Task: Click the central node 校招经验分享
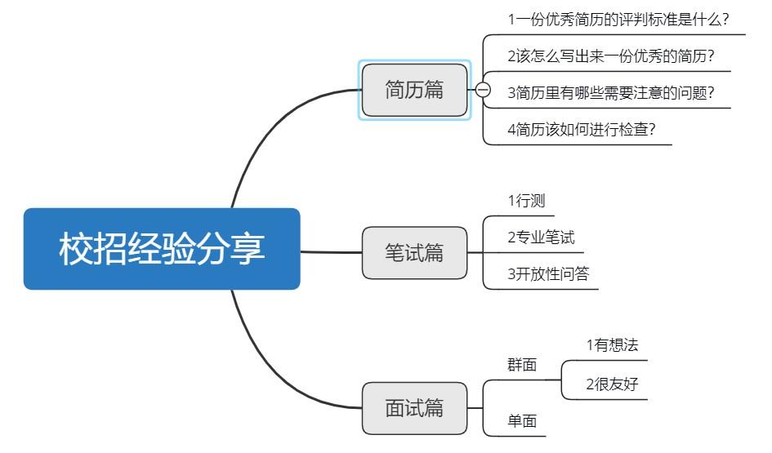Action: [x=162, y=249]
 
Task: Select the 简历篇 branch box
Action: [x=415, y=90]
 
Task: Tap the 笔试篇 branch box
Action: [x=415, y=253]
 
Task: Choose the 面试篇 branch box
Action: [x=415, y=408]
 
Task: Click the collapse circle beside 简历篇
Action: [x=483, y=90]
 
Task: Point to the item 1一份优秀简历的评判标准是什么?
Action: [x=618, y=20]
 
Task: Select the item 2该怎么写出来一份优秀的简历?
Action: [x=611, y=56]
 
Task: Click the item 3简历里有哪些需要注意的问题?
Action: [x=611, y=93]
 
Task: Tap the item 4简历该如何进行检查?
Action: [x=581, y=130]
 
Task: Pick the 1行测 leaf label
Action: [x=526, y=201]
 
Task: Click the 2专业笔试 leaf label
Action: [x=541, y=238]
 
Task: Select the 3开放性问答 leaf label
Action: [x=547, y=274]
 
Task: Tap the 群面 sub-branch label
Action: [x=522, y=365]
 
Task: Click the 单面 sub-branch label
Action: [x=522, y=421]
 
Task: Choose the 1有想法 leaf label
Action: [x=612, y=345]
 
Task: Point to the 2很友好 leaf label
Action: [x=612, y=384]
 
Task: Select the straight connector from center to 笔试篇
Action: [x=331, y=252]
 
